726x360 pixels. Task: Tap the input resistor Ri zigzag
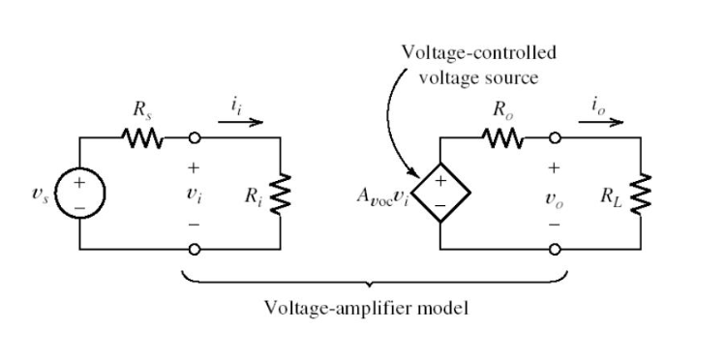(x=281, y=193)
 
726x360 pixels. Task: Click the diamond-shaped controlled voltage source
(x=441, y=194)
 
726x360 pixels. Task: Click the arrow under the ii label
(x=239, y=123)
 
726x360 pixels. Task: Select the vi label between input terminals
(x=196, y=194)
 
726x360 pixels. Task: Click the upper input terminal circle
(x=196, y=138)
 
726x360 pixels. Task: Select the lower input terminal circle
(x=196, y=249)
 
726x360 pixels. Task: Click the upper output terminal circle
(x=555, y=138)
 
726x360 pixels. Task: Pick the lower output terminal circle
(x=555, y=249)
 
